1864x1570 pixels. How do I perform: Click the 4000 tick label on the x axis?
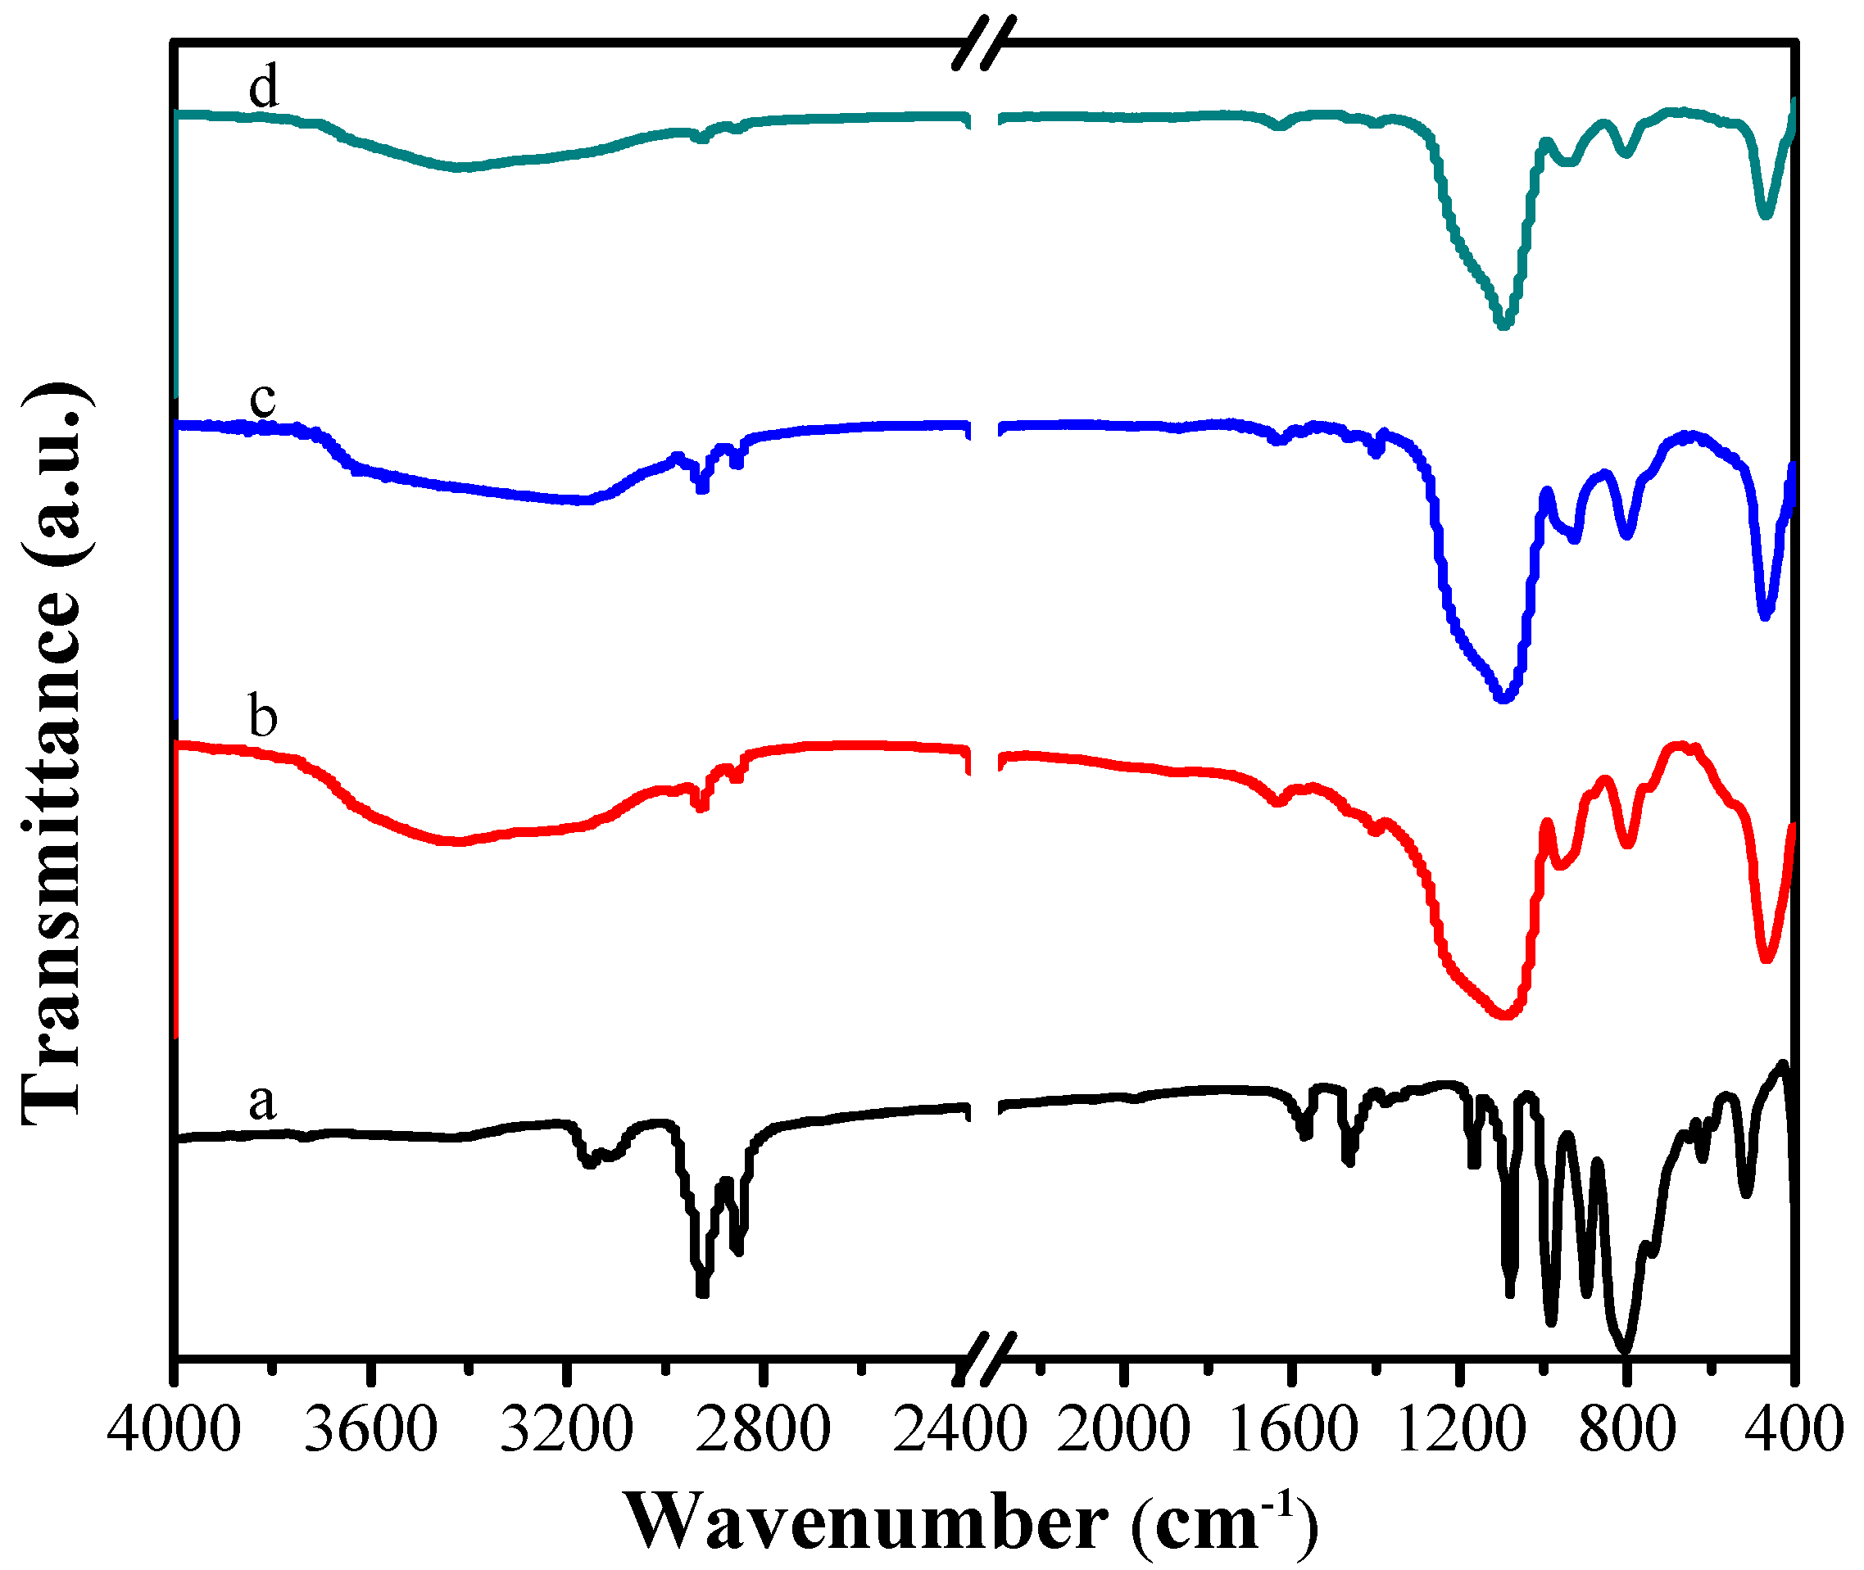click(x=174, y=1431)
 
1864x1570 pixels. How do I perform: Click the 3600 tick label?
click(x=370, y=1431)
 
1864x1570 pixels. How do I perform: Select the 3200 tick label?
click(x=566, y=1431)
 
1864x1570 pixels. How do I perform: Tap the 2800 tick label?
click(x=763, y=1431)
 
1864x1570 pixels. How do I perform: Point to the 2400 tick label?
click(x=959, y=1431)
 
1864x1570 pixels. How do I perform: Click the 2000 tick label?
click(x=1123, y=1431)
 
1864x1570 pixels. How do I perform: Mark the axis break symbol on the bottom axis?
click(x=982, y=1359)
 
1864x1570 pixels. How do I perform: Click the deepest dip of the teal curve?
click(x=1503, y=325)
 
